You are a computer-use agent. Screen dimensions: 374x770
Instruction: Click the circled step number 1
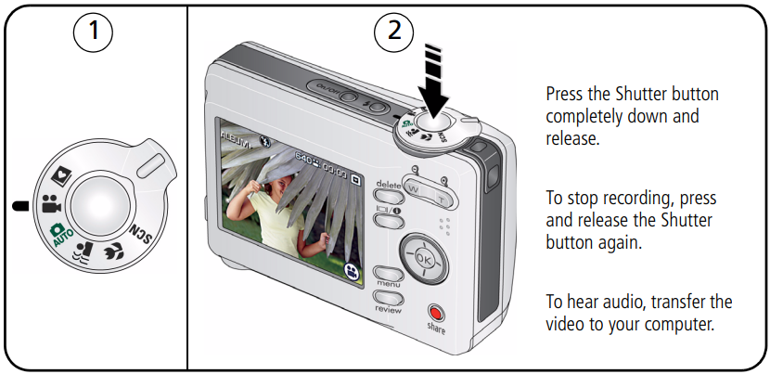94,33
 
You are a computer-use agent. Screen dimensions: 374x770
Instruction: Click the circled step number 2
395,33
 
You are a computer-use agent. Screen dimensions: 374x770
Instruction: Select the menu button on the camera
388,275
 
